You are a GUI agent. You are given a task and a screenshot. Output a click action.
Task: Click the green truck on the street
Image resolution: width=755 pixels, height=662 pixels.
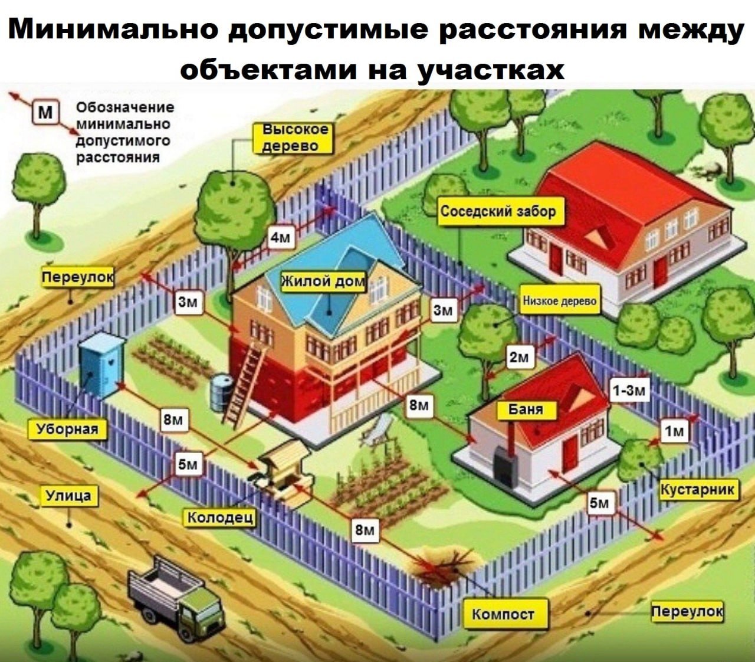177,599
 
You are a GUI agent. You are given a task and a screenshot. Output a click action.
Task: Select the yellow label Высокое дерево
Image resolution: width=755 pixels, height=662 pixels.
294,137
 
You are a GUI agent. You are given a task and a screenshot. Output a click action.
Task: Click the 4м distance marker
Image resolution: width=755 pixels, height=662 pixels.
281,237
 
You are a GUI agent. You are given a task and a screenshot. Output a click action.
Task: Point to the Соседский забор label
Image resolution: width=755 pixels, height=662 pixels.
498,211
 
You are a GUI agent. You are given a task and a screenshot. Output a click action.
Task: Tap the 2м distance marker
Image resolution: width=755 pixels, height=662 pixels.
520,357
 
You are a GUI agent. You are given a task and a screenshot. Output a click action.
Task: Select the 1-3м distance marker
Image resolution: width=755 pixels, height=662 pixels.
629,390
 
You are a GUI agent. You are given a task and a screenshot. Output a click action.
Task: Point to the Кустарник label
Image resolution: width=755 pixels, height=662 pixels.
698,489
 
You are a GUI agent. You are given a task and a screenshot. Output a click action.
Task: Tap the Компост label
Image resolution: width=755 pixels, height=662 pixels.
503,614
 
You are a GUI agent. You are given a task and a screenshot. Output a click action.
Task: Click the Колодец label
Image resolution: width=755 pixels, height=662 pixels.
221,517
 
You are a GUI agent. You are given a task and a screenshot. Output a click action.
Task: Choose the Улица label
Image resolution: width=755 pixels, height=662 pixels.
68,496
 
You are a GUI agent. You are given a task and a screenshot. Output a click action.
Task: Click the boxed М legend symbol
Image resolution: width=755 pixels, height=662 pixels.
45,112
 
